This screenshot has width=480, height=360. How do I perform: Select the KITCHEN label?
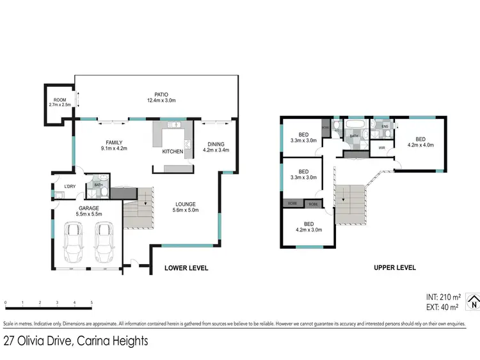tap(172, 151)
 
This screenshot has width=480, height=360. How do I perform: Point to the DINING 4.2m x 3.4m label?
tap(215, 146)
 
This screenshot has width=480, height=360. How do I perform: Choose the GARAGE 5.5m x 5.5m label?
tap(88, 212)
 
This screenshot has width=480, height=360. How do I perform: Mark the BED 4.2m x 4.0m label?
tap(420, 141)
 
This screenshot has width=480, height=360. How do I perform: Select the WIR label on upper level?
tap(382, 148)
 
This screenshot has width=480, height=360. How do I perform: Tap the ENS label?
tap(385, 127)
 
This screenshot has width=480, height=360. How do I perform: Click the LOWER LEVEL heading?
tap(186, 268)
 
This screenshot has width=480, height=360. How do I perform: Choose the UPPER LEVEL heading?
tap(395, 267)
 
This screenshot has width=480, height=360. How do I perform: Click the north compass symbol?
tap(473, 302)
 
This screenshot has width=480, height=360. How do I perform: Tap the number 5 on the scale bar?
tap(92, 302)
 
